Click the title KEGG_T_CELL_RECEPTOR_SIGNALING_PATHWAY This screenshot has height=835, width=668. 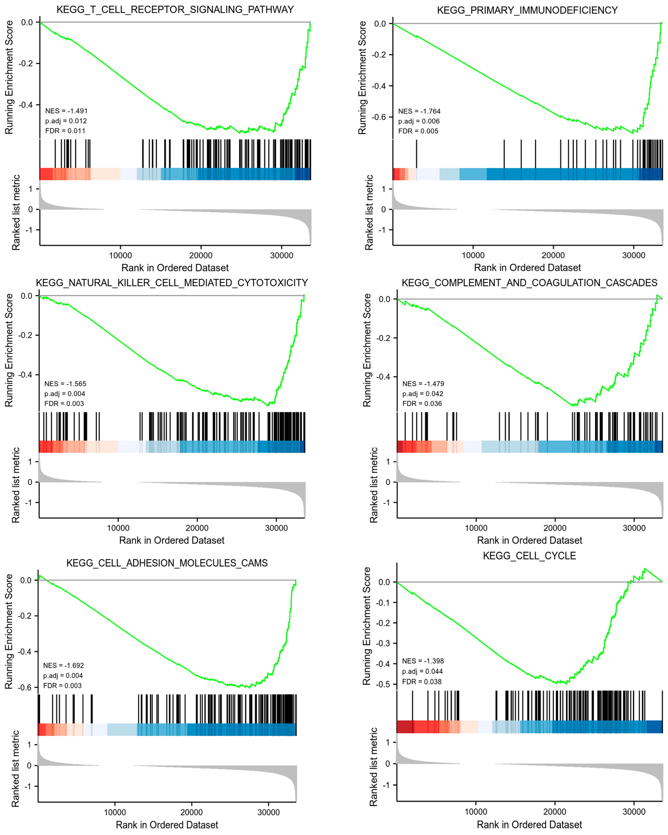175,10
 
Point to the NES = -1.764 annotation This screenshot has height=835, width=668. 419,111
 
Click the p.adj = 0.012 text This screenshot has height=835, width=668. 66,121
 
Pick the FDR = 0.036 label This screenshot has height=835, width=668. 422,404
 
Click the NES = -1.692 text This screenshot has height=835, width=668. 63,665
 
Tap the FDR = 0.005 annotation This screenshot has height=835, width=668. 418,131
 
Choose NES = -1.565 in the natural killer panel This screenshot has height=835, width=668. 65,384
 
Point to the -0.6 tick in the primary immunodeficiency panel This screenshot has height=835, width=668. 379,117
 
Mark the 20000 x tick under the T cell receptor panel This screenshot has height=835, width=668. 201,256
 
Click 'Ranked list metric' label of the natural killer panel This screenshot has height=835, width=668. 15,485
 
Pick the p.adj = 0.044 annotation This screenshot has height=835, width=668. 422,671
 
